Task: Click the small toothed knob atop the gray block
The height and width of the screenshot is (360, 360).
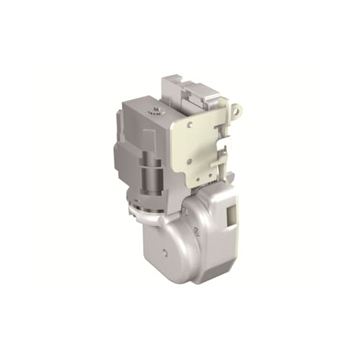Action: (x=155, y=112)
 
